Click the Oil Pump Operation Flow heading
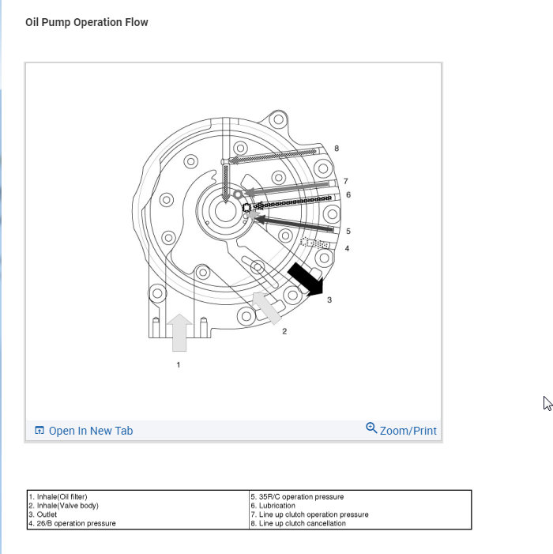pos(87,22)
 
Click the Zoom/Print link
pos(408,431)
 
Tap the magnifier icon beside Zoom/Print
pos(371,428)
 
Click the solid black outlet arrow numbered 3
pos(307,279)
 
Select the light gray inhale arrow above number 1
pos(179,333)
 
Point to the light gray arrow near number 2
pos(266,308)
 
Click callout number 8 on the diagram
pos(337,149)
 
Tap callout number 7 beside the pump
pos(346,181)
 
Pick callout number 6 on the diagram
pos(348,194)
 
